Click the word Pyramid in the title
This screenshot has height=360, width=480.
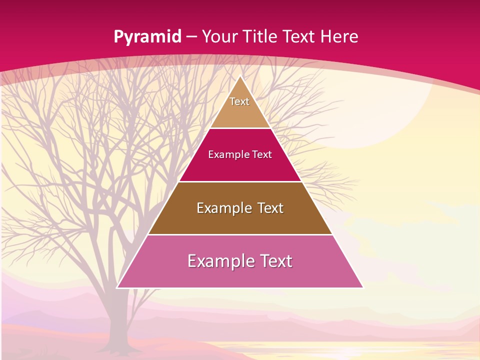(147, 37)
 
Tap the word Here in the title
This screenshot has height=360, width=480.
(339, 36)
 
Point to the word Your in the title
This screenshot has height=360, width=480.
(219, 36)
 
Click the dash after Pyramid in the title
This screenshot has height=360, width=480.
(191, 37)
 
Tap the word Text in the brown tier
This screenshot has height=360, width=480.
(270, 207)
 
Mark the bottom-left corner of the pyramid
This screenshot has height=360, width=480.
(117, 287)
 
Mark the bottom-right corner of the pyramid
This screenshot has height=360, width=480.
(363, 287)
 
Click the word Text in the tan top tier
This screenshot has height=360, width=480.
(239, 101)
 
